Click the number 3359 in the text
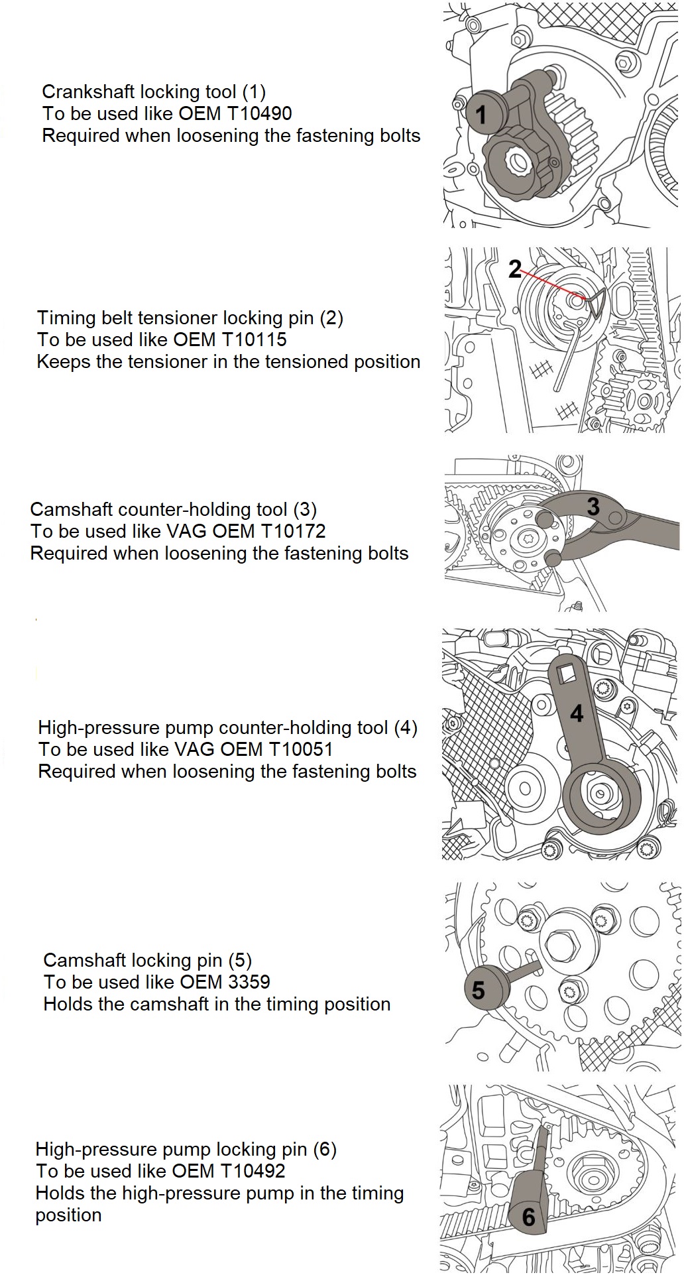[x=249, y=982]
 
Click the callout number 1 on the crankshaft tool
[x=481, y=114]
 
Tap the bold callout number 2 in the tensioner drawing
[x=515, y=269]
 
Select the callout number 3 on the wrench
[x=593, y=507]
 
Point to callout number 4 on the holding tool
[x=577, y=713]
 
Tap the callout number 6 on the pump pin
[x=528, y=1217]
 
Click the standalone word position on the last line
[x=68, y=1215]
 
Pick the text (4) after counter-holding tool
[x=406, y=727]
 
